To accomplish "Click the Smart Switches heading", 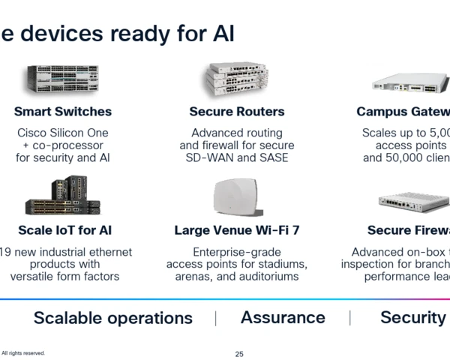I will click(63, 112).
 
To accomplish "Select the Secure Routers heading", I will click(237, 112).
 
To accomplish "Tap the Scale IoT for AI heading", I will click(64, 230).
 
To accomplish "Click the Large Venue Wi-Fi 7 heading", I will click(237, 230).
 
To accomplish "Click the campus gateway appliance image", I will click(412, 82).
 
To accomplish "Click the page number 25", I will click(239, 353).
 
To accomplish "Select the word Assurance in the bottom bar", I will click(283, 317).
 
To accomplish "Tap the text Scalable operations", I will click(113, 318).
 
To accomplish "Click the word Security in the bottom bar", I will click(412, 317).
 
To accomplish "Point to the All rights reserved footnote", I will click(23, 352).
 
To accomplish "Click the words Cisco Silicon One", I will click(63, 133).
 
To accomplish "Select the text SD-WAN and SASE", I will click(237, 158).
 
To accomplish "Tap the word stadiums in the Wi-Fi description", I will click(283, 264).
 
